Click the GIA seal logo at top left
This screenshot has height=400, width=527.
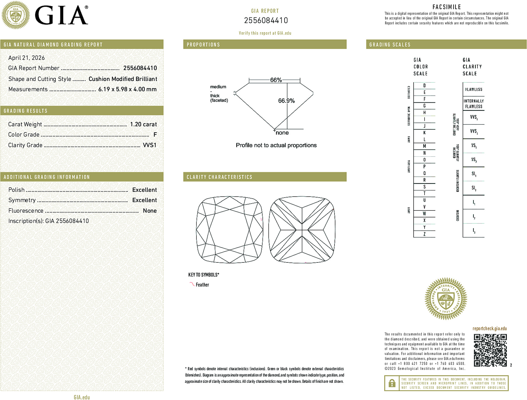15,15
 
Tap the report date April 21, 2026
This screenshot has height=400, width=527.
26,58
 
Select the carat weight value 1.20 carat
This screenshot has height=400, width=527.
143,124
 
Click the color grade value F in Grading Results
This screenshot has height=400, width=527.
155,135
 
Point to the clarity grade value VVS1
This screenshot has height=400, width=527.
149,145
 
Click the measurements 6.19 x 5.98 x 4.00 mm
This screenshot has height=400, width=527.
127,89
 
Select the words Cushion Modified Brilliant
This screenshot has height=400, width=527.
123,79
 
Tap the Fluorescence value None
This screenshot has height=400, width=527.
150,211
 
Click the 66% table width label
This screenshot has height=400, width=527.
276,80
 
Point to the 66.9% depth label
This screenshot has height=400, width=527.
286,101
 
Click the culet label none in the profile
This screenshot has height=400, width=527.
282,133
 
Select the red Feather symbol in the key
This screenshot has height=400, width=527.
192,284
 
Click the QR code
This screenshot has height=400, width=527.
490,350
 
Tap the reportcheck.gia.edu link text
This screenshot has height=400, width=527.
490,329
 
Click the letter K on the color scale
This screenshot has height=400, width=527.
424,133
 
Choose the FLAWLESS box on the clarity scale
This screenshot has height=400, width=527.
474,89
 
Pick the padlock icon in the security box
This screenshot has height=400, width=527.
392,383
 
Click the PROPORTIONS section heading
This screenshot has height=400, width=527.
203,45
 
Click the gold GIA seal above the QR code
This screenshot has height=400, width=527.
446,299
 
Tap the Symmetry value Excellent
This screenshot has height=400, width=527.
144,200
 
